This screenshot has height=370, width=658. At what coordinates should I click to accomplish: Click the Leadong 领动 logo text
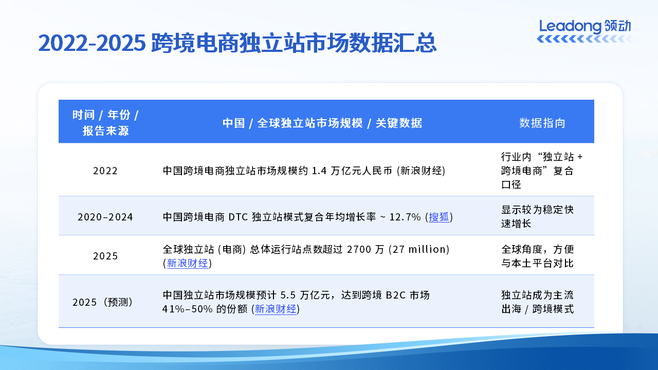[x=584, y=26]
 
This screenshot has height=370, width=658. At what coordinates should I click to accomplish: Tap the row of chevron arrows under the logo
[x=584, y=40]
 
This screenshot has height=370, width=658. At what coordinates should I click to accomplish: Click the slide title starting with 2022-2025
[x=237, y=43]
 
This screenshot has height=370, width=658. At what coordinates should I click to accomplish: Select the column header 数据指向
[x=542, y=123]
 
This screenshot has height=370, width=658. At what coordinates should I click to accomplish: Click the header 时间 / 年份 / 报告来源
[x=105, y=122]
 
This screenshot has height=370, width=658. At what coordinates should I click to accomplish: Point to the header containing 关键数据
[x=322, y=123]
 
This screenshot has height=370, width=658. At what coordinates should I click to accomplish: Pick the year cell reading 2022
[x=105, y=171]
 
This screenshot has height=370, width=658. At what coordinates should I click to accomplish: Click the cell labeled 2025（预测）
[x=105, y=302]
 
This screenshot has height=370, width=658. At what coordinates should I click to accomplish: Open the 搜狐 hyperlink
[x=439, y=217]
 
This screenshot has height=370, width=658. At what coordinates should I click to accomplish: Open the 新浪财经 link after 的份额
[x=276, y=309]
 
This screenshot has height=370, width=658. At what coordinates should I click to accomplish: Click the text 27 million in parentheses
[x=419, y=249]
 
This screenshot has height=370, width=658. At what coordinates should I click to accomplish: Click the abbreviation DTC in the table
[x=237, y=217]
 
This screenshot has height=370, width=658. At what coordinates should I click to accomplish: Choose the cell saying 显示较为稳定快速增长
[x=537, y=217]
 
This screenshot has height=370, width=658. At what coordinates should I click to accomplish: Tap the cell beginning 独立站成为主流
[x=537, y=302]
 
